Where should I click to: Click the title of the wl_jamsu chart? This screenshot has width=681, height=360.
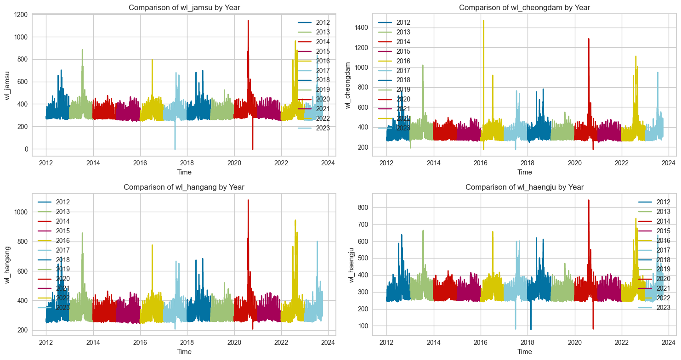tap(184, 7)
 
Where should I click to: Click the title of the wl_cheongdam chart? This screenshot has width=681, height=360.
tap(524, 7)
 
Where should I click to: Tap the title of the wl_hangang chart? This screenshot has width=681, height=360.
tap(184, 187)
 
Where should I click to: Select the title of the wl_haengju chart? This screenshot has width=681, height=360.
tap(524, 187)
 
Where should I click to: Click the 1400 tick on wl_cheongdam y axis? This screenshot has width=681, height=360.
tap(361, 28)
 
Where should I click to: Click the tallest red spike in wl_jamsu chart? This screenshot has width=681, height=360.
tap(248, 21)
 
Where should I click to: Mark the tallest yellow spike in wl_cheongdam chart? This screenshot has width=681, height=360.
tap(483, 21)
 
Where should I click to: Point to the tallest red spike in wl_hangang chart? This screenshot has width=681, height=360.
tap(248, 201)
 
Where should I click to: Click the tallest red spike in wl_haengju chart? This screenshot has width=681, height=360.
tap(589, 201)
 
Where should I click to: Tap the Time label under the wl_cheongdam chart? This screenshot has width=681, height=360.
tap(524, 172)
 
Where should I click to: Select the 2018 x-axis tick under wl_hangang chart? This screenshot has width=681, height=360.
tap(187, 342)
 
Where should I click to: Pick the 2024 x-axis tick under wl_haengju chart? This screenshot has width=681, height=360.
tap(669, 342)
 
